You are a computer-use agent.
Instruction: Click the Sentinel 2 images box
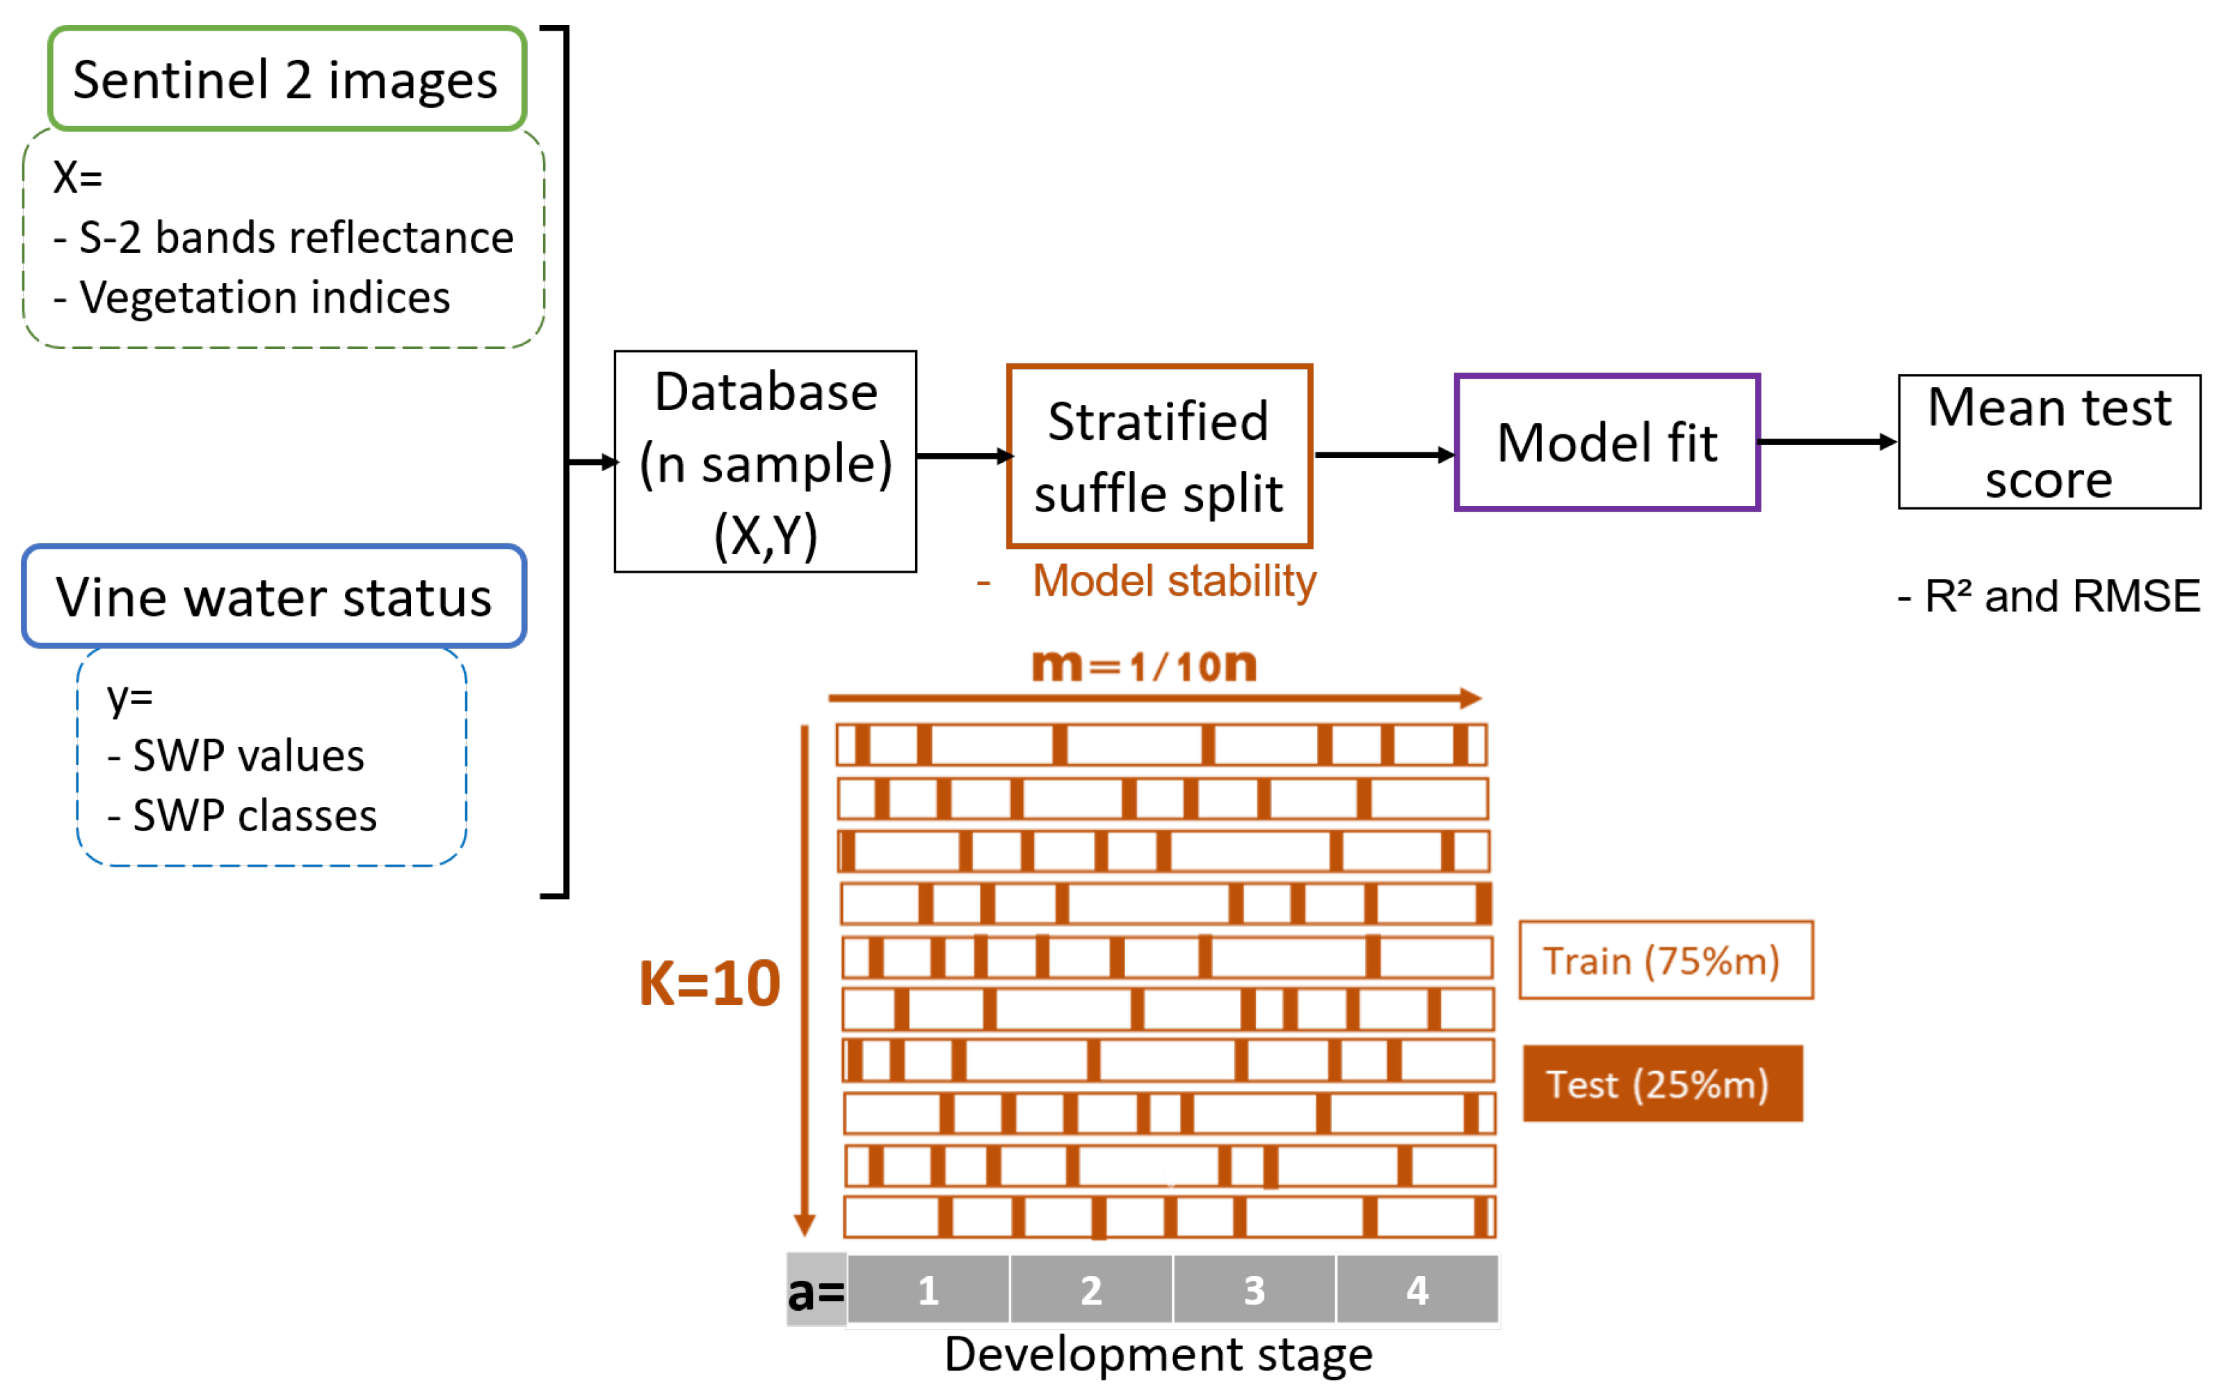[x=287, y=79]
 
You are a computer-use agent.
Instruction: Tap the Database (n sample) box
[x=766, y=462]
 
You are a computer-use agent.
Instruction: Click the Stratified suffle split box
[x=1159, y=457]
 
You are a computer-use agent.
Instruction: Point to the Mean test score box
[x=2049, y=443]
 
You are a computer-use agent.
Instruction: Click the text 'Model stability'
[x=1173, y=581]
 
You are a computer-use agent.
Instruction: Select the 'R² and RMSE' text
[x=2061, y=596]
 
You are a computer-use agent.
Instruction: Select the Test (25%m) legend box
[x=1661, y=1084]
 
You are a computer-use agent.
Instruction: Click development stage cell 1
[x=928, y=1290]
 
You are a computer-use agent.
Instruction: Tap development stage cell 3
[x=1254, y=1290]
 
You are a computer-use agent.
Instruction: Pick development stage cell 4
[x=1417, y=1290]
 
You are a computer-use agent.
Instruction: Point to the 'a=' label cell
[x=815, y=1291]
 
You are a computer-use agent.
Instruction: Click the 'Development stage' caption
[x=1159, y=1355]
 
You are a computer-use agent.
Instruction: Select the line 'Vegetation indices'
[x=264, y=297]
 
